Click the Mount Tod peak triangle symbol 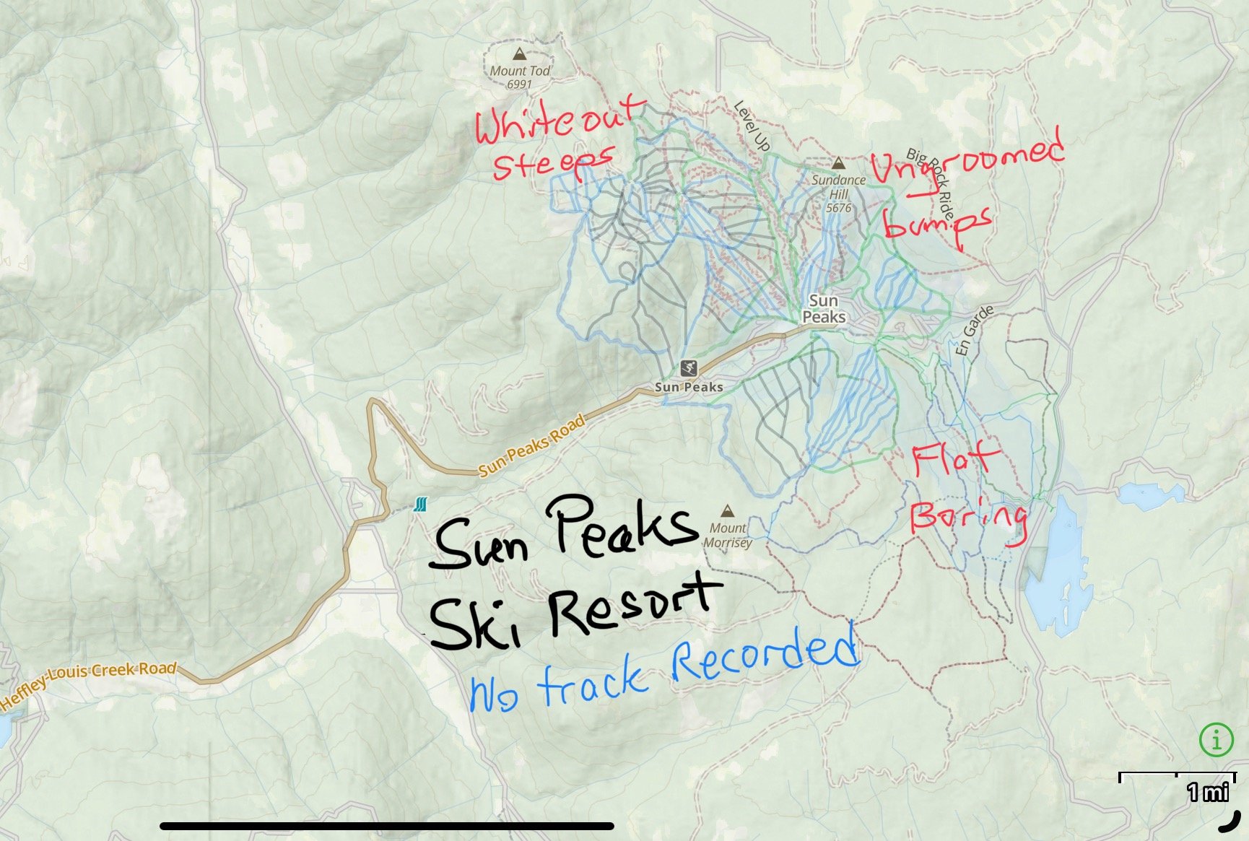518,53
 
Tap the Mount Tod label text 519,71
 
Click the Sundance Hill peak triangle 838,163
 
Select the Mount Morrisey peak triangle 727,511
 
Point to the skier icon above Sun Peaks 689,368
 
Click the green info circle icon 1216,740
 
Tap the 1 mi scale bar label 1207,793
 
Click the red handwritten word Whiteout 557,121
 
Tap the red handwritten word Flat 954,458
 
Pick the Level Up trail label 752,126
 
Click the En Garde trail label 975,331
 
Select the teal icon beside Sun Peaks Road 421,504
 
